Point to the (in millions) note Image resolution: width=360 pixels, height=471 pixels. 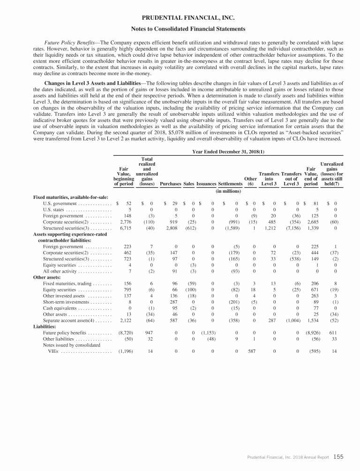tap(228, 191)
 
